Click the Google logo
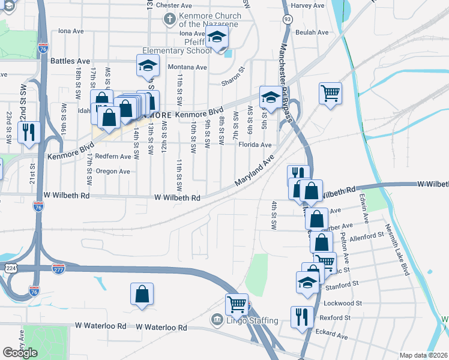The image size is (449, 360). (x=20, y=353)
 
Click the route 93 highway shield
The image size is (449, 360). (x=288, y=19)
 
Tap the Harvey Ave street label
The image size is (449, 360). (x=307, y=5)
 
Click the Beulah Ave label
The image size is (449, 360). (x=314, y=32)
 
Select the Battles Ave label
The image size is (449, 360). (x=70, y=61)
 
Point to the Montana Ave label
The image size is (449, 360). (x=187, y=67)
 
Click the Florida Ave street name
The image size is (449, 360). (x=255, y=145)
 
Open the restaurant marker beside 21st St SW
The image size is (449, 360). (x=29, y=133)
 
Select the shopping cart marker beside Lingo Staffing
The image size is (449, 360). (x=237, y=304)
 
